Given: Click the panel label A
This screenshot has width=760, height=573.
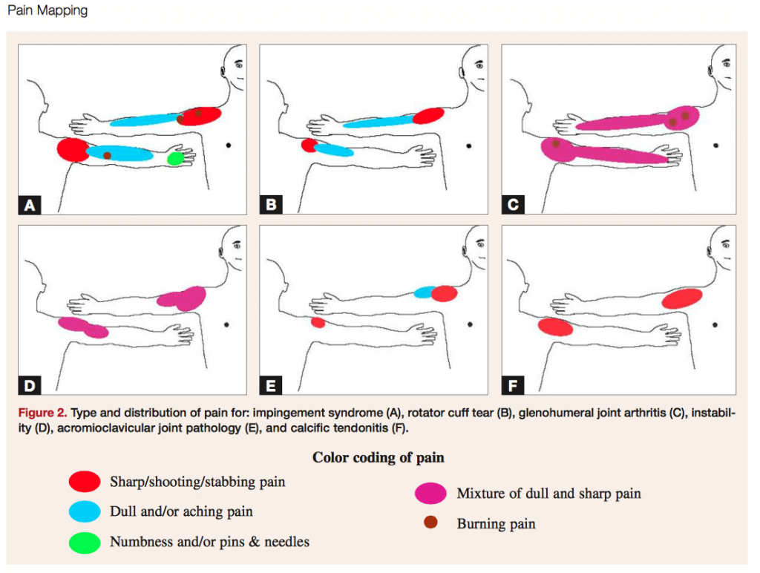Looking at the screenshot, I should pos(30,205).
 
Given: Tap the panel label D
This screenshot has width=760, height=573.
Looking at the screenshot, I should pos(30,384).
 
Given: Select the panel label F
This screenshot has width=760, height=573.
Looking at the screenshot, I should pos(514,384).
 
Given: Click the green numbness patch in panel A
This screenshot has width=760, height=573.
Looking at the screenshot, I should pos(176,158).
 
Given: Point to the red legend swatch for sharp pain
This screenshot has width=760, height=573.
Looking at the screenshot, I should pos(83,482).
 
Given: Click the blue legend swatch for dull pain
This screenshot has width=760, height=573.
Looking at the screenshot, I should pos(83,511).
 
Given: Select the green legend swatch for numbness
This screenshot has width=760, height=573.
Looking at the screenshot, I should pos(83,542).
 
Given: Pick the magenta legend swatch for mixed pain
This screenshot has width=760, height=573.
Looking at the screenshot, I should pos(430,493).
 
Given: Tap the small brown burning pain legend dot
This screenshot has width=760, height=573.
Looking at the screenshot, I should pos(430,523).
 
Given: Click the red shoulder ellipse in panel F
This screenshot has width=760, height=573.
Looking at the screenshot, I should pos(681,298).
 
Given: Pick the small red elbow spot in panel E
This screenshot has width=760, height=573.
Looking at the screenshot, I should pos(318,322).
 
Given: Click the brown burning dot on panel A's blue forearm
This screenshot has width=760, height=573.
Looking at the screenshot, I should pos(108,155).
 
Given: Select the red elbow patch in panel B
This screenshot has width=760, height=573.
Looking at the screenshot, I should pos(309,145).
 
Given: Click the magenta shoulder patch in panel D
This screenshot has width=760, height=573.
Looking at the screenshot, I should pos(183,298).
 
